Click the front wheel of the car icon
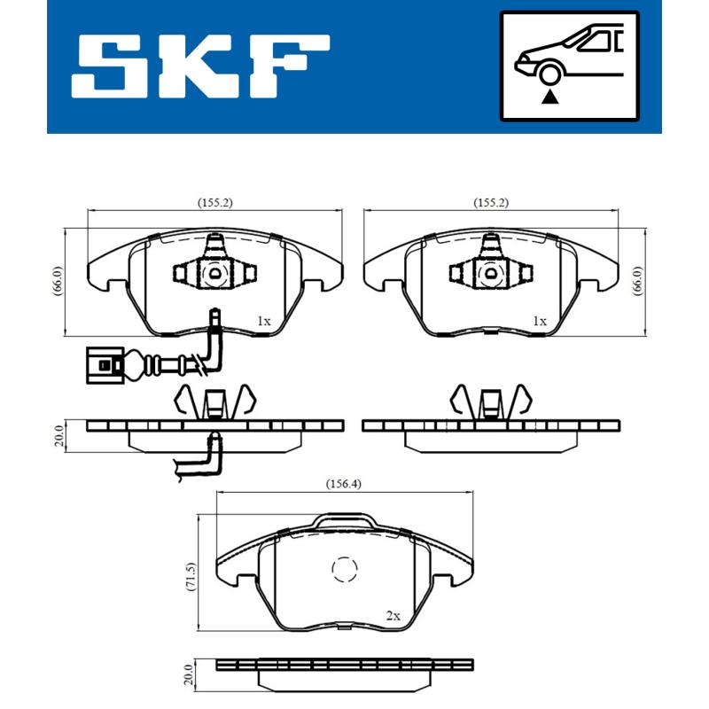[550, 75]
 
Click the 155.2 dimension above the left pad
[214, 203]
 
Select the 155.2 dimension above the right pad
[491, 203]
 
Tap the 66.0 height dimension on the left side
[58, 282]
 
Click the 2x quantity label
[393, 615]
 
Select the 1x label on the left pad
[262, 321]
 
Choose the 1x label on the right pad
[539, 321]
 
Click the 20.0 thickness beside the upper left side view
[58, 438]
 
